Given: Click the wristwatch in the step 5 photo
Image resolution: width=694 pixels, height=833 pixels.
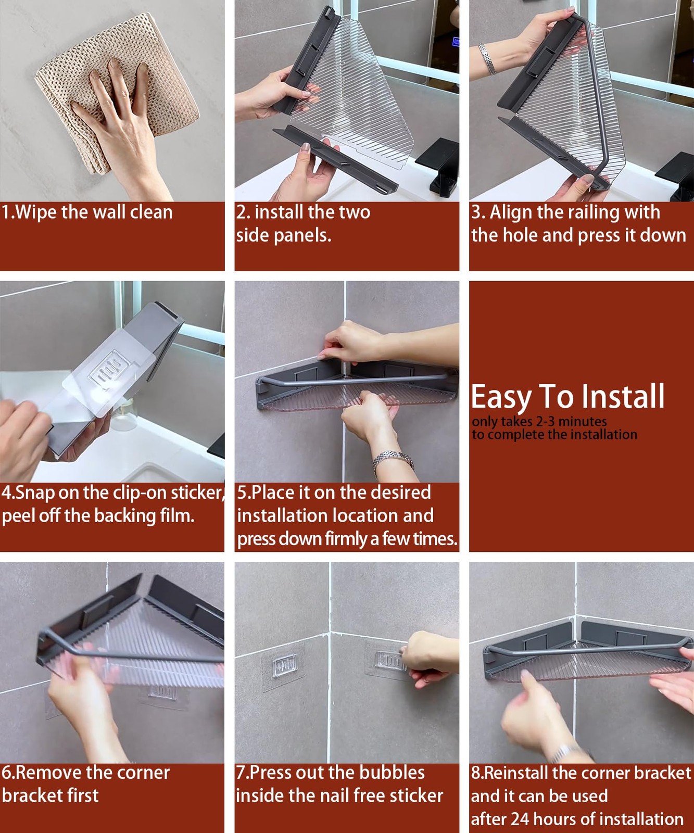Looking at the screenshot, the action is pos(393,461).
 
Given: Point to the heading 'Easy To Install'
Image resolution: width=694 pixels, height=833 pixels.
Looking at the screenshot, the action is pos(567,397).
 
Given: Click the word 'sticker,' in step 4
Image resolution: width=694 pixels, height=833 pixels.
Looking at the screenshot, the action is pos(197,493).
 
